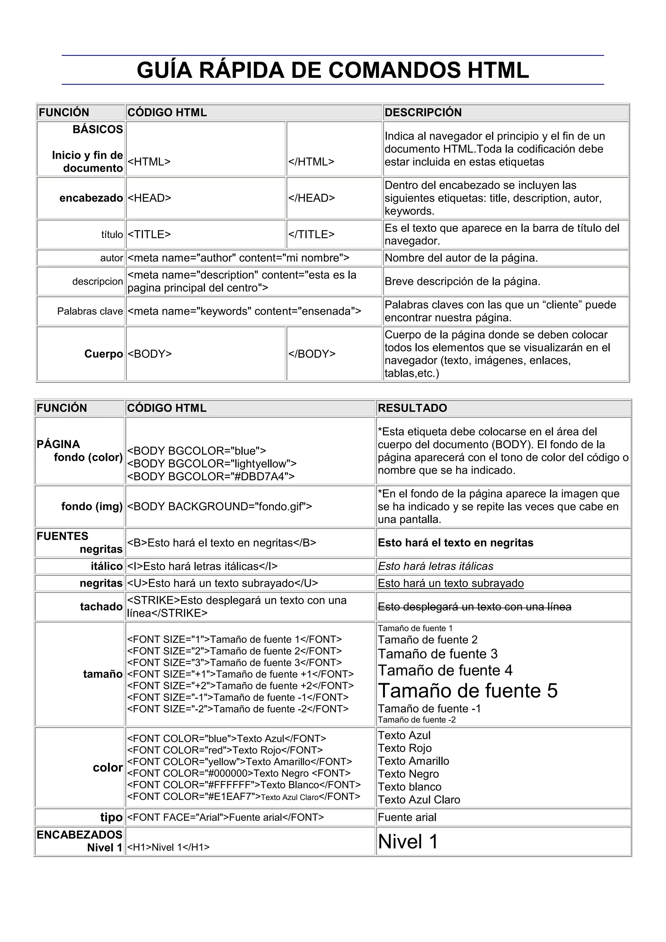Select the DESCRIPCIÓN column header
(x=423, y=113)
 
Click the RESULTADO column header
(x=412, y=408)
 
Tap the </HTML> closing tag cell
(x=311, y=162)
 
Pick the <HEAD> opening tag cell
(x=149, y=198)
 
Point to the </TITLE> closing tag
(x=311, y=234)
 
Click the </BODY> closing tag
(x=311, y=354)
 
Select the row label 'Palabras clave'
(x=90, y=311)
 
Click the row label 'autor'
(x=111, y=258)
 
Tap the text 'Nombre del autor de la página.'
(x=461, y=258)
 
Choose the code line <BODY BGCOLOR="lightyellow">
(x=212, y=464)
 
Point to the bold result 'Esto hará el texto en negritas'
(x=455, y=543)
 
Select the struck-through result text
(x=474, y=606)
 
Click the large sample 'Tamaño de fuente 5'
(x=468, y=691)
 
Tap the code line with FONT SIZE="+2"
(x=240, y=686)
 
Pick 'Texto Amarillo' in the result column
(x=413, y=761)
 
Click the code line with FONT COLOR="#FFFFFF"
(x=244, y=785)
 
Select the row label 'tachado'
(x=101, y=606)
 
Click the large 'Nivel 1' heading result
(x=408, y=841)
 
